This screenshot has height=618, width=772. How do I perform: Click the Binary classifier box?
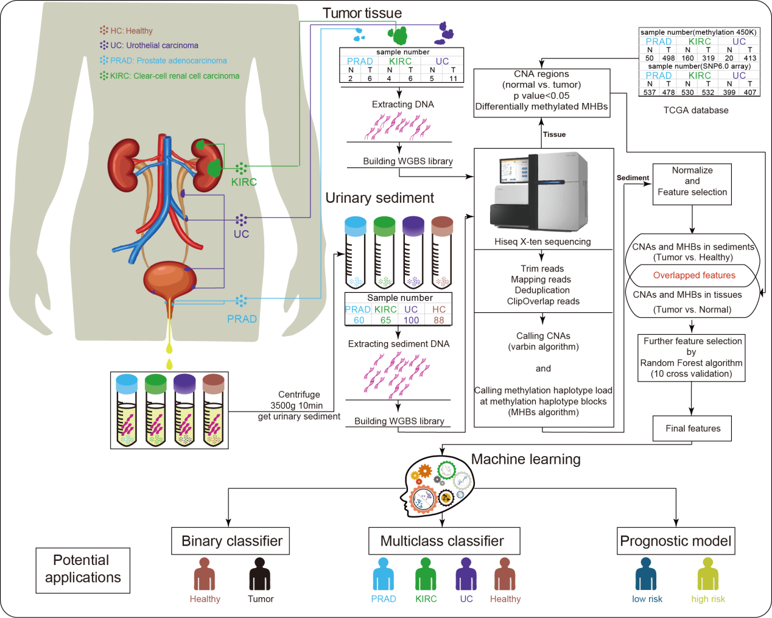(x=232, y=541)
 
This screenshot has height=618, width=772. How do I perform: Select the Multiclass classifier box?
(x=444, y=541)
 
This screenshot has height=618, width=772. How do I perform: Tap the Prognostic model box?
(x=676, y=541)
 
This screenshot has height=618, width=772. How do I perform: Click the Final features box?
(x=692, y=429)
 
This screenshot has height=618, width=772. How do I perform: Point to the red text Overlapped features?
(x=694, y=275)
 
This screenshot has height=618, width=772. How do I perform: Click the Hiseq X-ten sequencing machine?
(x=539, y=192)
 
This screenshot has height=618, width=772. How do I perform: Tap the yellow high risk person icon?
(x=708, y=574)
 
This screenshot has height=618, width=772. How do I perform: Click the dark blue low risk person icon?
(x=646, y=574)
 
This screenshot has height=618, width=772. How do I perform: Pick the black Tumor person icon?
(x=260, y=574)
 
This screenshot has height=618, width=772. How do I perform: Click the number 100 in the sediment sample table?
(x=412, y=320)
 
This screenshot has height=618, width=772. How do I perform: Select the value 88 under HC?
(x=439, y=320)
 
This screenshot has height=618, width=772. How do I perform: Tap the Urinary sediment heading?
(x=379, y=198)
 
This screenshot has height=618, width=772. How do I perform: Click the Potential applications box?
(x=83, y=569)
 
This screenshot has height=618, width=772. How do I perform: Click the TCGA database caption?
(x=696, y=110)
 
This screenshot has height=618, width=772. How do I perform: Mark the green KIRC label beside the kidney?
(x=244, y=182)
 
